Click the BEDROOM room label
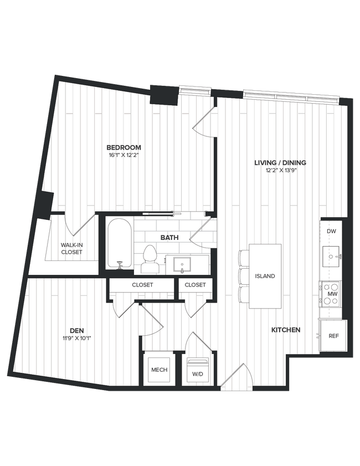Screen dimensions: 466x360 click(x=124, y=147)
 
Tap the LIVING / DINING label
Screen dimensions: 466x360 click(x=280, y=163)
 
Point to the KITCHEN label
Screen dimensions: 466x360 click(x=286, y=330)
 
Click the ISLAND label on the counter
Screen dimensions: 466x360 click(x=265, y=276)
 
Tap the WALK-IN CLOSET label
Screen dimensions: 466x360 click(x=71, y=248)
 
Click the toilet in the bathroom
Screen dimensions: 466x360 click(x=149, y=259)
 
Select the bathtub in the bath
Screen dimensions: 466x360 click(x=119, y=244)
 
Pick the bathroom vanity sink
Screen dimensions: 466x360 click(x=182, y=264)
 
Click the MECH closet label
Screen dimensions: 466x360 click(x=159, y=370)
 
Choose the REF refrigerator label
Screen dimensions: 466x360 click(x=333, y=336)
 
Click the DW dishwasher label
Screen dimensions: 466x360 click(x=332, y=231)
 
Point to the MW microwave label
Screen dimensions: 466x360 click(x=332, y=294)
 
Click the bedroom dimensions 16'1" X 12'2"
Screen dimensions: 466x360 click(x=124, y=155)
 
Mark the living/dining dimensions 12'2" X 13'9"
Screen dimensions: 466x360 click(x=280, y=171)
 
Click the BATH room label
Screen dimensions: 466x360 click(x=169, y=237)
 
